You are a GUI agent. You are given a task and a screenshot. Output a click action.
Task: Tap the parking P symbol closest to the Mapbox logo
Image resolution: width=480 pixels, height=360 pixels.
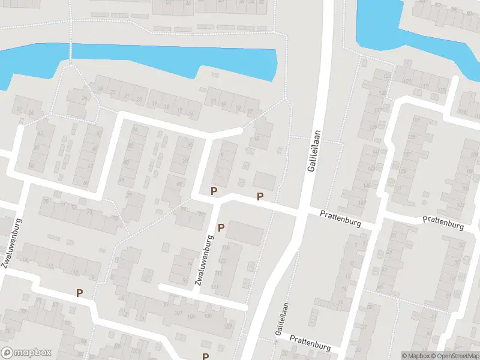coord(79,293)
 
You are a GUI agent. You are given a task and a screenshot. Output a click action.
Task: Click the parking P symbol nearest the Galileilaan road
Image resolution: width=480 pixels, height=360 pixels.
coord(260,196)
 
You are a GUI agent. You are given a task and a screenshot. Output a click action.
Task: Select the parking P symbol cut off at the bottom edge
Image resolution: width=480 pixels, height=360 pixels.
coord(205,356)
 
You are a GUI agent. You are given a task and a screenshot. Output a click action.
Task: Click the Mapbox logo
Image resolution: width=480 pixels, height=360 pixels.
coord(26,353)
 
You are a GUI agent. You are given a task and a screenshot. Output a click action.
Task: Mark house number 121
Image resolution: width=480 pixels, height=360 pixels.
coord(406,82)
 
